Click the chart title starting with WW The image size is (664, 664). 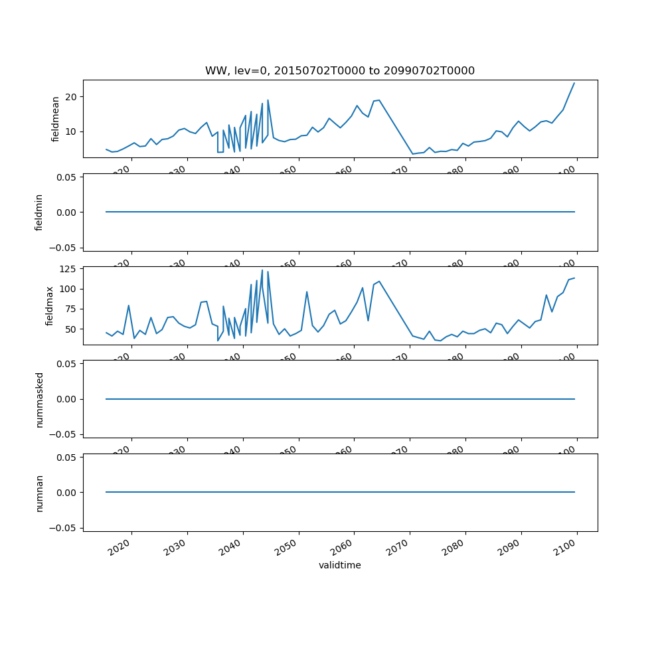pos(339,70)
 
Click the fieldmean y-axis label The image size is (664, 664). pos(56,119)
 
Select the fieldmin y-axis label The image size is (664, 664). pos(39,212)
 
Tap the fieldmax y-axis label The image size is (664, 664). pos(49,305)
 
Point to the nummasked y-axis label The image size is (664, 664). pos(39,399)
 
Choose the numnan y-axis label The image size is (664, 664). pos(39,493)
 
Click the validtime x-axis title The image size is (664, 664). pos(339,565)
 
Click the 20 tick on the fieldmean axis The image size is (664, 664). pos(70,97)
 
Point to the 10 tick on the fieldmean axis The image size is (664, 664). pos(70,131)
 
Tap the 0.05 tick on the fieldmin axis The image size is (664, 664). pos(65,177)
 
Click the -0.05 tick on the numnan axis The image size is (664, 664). pos(63,527)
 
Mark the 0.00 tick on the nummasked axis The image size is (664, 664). pos(65,399)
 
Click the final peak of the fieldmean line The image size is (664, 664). pos(574,83)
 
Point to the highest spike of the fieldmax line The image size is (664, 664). pos(262,270)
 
